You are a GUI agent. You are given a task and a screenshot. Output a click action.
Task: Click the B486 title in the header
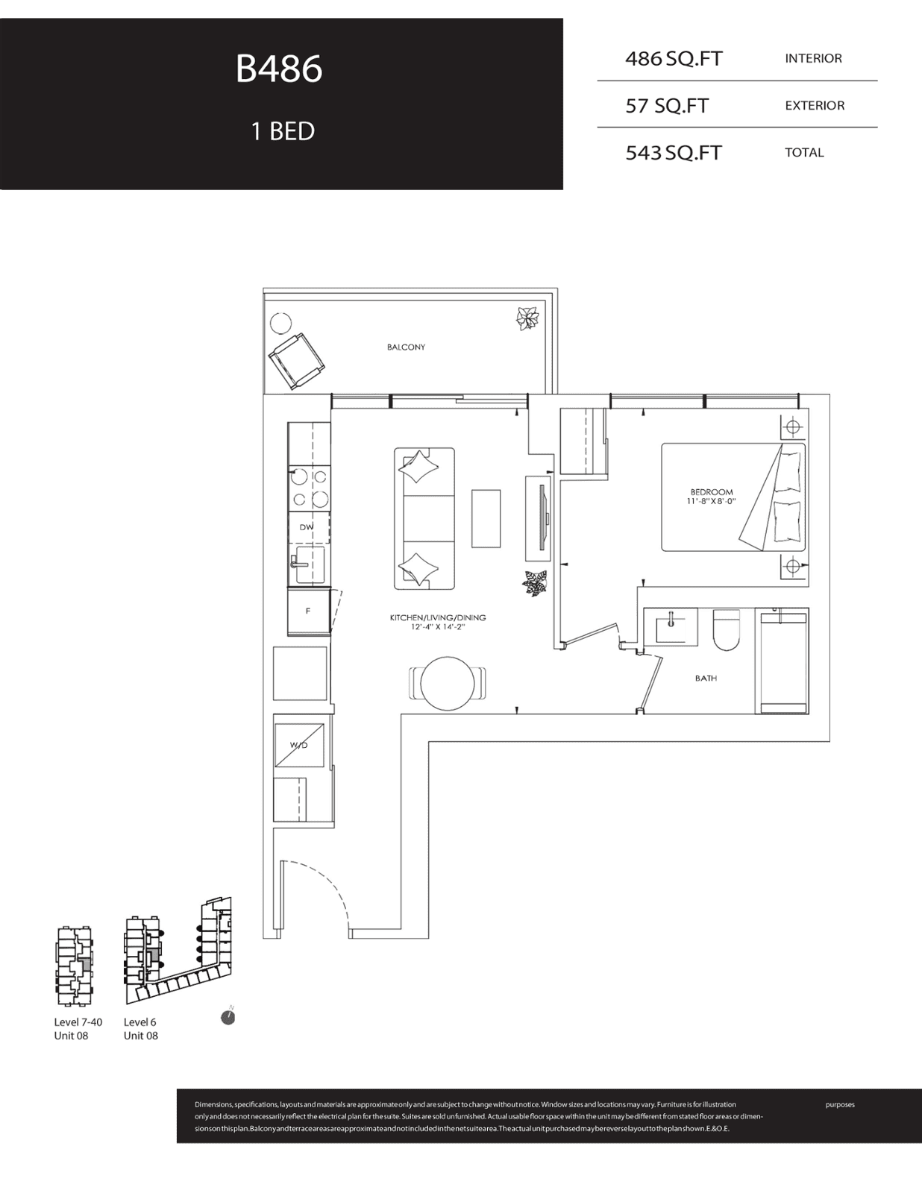[x=279, y=69]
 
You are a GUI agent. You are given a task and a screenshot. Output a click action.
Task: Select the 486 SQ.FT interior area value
[x=674, y=59]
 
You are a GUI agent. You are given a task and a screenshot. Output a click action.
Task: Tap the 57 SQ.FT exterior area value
[x=667, y=105]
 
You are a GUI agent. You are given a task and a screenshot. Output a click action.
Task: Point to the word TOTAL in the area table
[x=804, y=153]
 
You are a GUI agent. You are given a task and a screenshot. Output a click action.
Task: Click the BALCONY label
[x=406, y=347]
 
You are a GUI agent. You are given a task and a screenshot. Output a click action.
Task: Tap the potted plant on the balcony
[x=527, y=318]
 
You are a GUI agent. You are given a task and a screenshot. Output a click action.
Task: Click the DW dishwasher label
[x=307, y=527]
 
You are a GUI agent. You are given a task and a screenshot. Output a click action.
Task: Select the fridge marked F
[x=309, y=611]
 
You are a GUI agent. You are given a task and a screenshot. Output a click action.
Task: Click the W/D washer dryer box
[x=298, y=746]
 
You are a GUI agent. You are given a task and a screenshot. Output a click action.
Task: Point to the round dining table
[x=448, y=684]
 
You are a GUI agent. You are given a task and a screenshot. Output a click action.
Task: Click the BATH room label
[x=706, y=678]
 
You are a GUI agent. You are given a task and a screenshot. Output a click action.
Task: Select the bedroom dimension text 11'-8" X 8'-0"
[x=711, y=501]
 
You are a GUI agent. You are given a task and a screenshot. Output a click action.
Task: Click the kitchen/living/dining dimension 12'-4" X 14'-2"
[x=438, y=626]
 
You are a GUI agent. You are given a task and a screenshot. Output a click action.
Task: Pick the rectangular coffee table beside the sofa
[x=486, y=518]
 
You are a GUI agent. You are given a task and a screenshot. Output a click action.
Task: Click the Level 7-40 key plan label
[x=78, y=1022]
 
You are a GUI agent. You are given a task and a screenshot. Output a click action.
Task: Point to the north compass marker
[x=228, y=1018]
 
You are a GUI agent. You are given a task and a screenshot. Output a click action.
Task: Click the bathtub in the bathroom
[x=782, y=661]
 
